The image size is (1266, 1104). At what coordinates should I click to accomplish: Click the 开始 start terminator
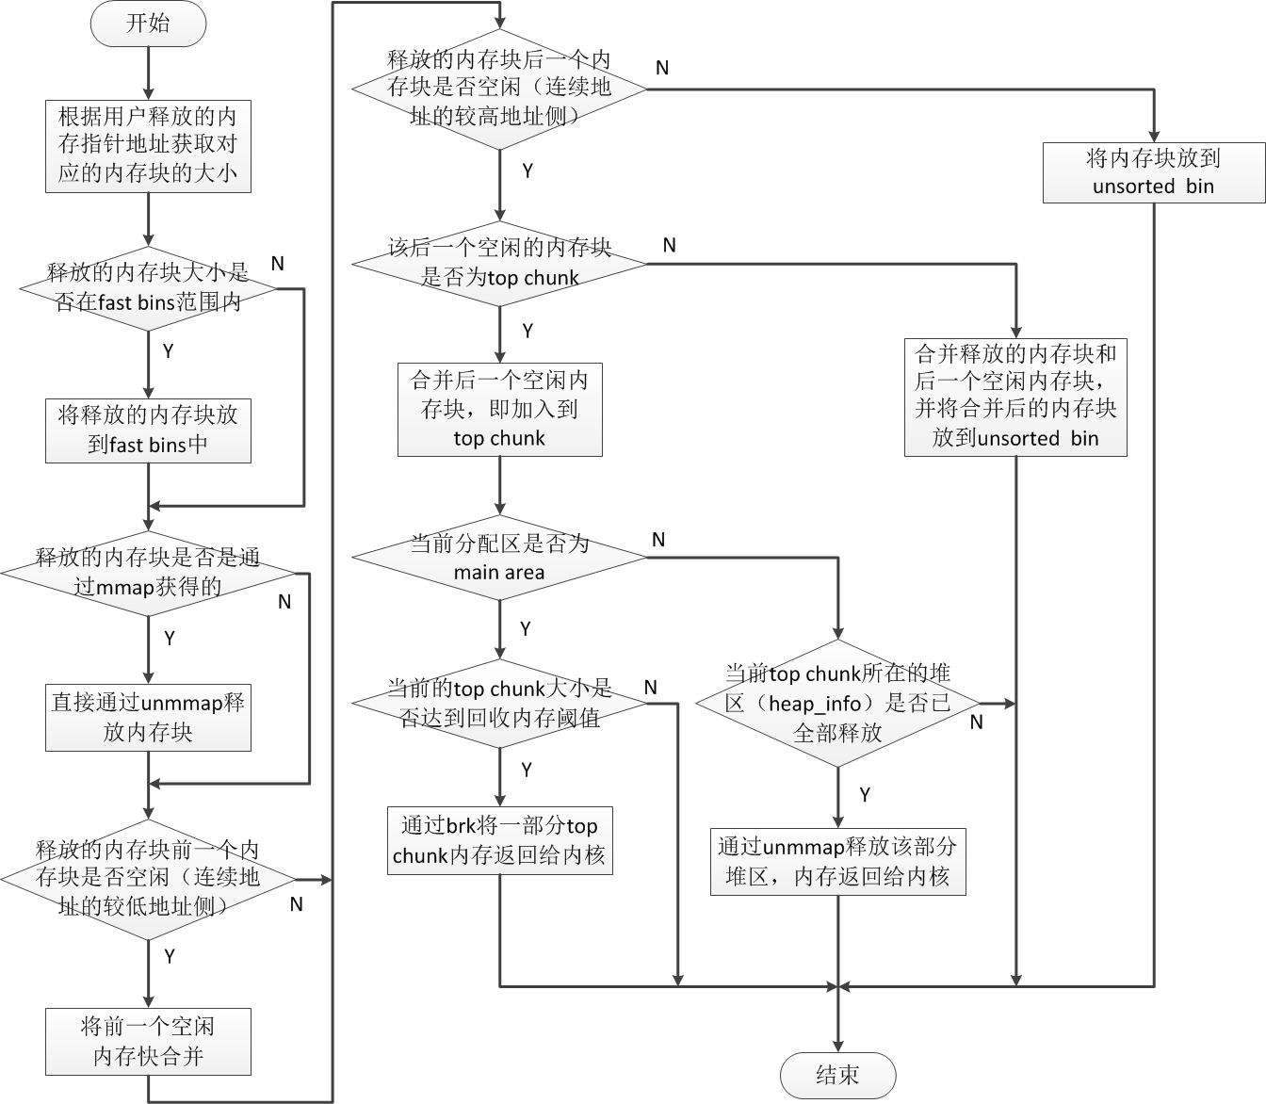[x=148, y=24]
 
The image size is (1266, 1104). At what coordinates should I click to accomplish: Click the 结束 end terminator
[x=837, y=1076]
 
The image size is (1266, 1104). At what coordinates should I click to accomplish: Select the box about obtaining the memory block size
[x=148, y=145]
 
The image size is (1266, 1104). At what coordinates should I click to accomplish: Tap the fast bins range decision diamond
[x=148, y=288]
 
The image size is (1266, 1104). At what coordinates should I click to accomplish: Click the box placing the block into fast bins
[x=148, y=430]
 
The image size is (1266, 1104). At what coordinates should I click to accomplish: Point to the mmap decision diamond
[x=148, y=572]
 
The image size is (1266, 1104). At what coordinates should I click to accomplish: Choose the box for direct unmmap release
[x=148, y=718]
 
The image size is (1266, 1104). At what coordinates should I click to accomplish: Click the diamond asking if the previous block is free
[x=148, y=879]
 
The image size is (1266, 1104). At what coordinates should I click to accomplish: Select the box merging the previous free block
[x=148, y=1042]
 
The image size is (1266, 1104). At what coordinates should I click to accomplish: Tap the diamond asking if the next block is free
[x=499, y=89]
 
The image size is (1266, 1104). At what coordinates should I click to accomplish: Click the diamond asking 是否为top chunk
[x=499, y=264]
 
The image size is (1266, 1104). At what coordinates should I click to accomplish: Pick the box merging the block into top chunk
[x=499, y=410]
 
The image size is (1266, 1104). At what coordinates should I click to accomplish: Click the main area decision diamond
[x=499, y=558]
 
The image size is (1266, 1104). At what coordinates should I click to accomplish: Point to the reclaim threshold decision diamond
[x=499, y=704]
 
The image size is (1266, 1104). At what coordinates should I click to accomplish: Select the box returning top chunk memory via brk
[x=499, y=840]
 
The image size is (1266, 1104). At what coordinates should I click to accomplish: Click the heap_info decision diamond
[x=837, y=703]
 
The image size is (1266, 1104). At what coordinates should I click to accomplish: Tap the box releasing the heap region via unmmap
[x=837, y=862]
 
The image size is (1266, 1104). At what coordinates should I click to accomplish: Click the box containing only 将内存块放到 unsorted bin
[x=1153, y=171]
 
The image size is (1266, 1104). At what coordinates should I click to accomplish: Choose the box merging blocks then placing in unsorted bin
[x=1015, y=397]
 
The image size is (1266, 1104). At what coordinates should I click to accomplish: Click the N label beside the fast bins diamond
[x=277, y=264]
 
